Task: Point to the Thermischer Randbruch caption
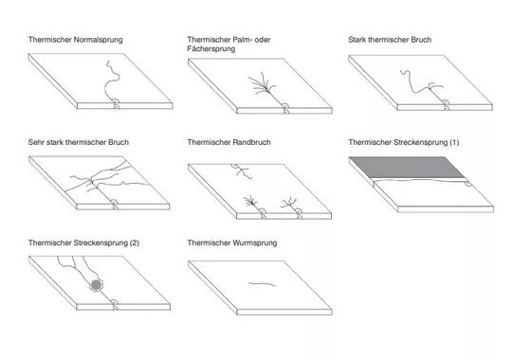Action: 232,142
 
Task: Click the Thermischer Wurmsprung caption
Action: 233,243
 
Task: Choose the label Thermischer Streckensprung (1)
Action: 404,142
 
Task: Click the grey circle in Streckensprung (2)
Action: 96,285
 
